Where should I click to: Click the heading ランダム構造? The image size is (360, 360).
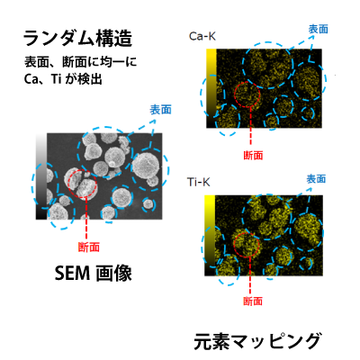(77, 38)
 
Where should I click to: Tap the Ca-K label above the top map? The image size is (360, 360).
(202, 36)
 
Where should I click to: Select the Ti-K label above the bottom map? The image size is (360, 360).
(198, 182)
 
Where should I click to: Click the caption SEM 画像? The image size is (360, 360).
(94, 273)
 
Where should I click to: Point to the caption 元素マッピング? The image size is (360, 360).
(257, 341)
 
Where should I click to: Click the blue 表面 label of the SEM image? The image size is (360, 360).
(161, 110)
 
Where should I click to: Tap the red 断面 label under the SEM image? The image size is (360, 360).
(89, 247)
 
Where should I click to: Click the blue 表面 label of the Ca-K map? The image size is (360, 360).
(318, 29)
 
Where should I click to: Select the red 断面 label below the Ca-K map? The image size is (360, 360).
(253, 156)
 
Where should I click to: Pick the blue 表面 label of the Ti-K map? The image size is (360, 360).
(316, 179)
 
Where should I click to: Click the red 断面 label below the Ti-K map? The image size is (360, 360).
(253, 301)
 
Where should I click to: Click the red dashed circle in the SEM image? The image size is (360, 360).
(68, 183)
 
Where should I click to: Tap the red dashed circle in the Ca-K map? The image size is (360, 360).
(234, 94)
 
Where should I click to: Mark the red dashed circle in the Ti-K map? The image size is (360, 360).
(233, 245)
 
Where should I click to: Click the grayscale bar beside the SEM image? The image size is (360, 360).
(41, 176)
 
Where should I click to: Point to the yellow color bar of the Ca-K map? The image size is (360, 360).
(211, 88)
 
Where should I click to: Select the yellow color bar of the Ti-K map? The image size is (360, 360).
(210, 236)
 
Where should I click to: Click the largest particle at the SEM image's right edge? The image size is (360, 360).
(145, 166)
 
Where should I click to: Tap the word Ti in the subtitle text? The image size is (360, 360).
(56, 79)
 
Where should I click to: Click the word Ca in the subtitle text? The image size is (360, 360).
(31, 79)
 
